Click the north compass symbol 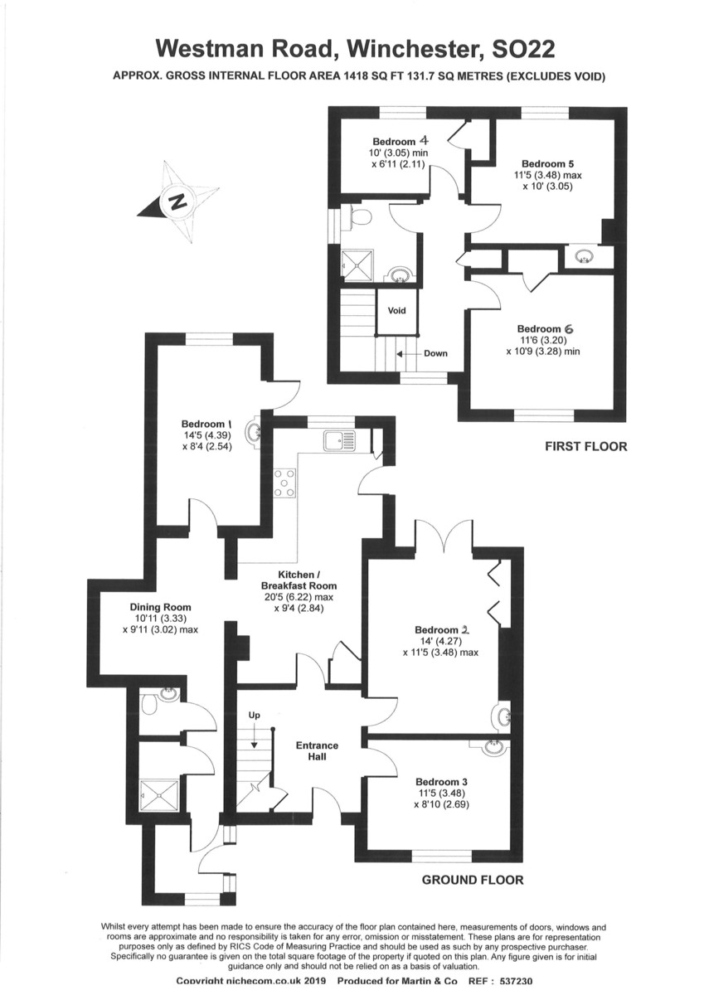tap(177, 201)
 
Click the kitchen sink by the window tap(338, 440)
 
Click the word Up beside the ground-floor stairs tap(255, 715)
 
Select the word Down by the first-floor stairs tap(435, 353)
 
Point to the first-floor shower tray tap(359, 265)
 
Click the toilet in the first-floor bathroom tap(359, 217)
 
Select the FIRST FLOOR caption tap(585, 446)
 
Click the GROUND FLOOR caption tap(473, 880)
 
